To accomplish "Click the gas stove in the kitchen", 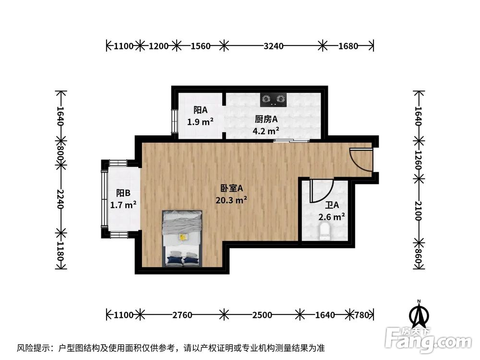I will click(273, 99).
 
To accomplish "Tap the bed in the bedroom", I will click(182, 238).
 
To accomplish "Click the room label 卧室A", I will click(231, 188).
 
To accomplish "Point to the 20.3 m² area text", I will click(231, 200).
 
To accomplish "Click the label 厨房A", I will click(266, 119).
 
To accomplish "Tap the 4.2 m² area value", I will click(266, 131).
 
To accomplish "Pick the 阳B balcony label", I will click(123, 193).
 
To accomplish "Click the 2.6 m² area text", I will click(332, 216).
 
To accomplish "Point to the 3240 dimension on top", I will click(274, 46).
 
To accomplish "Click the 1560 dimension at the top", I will click(201, 46).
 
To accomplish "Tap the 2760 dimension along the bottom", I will click(182, 315).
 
